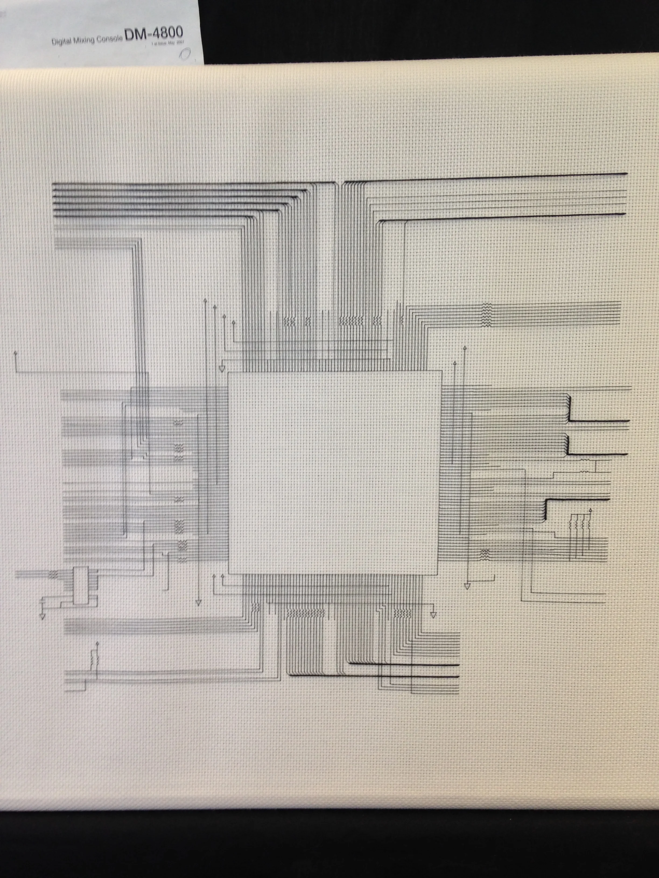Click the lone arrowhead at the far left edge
pyautogui.click(x=15, y=352)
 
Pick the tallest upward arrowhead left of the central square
pyautogui.click(x=205, y=300)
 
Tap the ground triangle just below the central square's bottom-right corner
pyautogui.click(x=433, y=615)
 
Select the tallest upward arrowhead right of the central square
pyautogui.click(x=465, y=348)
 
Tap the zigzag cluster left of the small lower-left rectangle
pyautogui.click(x=53, y=574)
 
